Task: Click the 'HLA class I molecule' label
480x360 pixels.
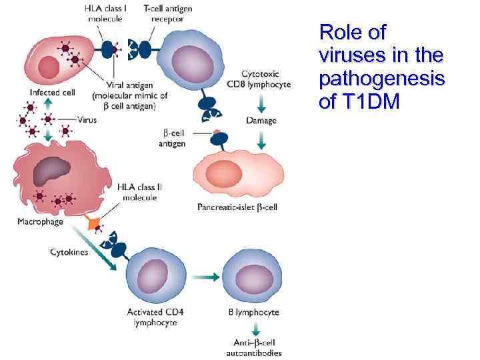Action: [x=106, y=14]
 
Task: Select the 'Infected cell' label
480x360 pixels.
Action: [x=52, y=92]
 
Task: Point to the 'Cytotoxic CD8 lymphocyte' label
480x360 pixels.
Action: [x=265, y=79]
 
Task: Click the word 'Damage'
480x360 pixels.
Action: [x=261, y=121]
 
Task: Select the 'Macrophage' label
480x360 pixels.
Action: [x=40, y=221]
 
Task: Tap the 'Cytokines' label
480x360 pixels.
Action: [x=69, y=252]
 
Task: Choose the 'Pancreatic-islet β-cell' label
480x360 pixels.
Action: [x=237, y=207]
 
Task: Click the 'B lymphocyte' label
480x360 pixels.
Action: [x=253, y=312]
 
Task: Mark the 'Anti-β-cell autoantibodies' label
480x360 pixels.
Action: [x=253, y=348]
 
